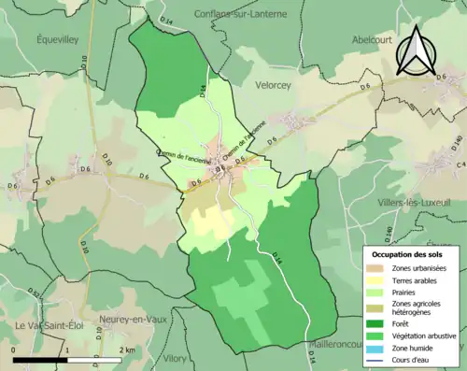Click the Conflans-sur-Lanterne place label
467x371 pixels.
[x=239, y=13]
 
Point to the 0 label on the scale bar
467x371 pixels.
[x=13, y=350]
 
